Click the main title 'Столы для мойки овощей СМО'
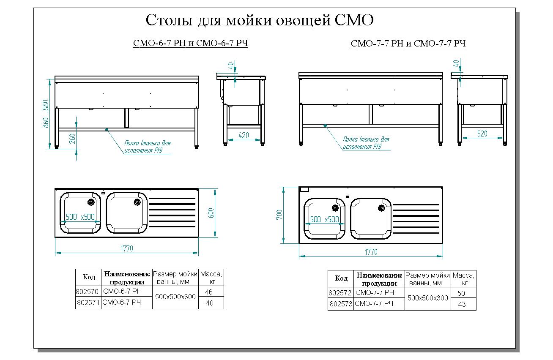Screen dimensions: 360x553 pyautogui.click(x=260, y=20)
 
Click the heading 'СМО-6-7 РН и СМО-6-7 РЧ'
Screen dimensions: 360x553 pyautogui.click(x=190, y=44)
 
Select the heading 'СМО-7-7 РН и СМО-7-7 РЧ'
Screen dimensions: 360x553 pyautogui.click(x=408, y=44)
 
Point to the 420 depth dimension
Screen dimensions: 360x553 pyautogui.click(x=243, y=135)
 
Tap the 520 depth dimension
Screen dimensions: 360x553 pyautogui.click(x=482, y=134)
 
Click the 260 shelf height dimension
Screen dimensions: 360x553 pyautogui.click(x=72, y=139)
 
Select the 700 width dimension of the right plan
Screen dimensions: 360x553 pyautogui.click(x=279, y=215)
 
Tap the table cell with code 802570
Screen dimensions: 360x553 pyautogui.click(x=88, y=292)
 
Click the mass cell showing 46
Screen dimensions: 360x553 pyautogui.click(x=209, y=292)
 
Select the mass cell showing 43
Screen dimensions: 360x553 pyautogui.click(x=462, y=304)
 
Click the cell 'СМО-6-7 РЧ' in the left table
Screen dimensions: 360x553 pyautogui.click(x=122, y=303)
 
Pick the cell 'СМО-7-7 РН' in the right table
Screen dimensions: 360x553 pyautogui.click(x=375, y=293)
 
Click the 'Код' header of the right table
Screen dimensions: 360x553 pyautogui.click(x=341, y=278)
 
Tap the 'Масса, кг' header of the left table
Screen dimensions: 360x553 pyautogui.click(x=211, y=277)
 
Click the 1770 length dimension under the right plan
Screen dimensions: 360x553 pyautogui.click(x=370, y=252)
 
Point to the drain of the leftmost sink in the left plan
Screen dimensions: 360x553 pyautogui.click(x=90, y=202)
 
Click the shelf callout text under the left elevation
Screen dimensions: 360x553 pyautogui.click(x=147, y=146)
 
